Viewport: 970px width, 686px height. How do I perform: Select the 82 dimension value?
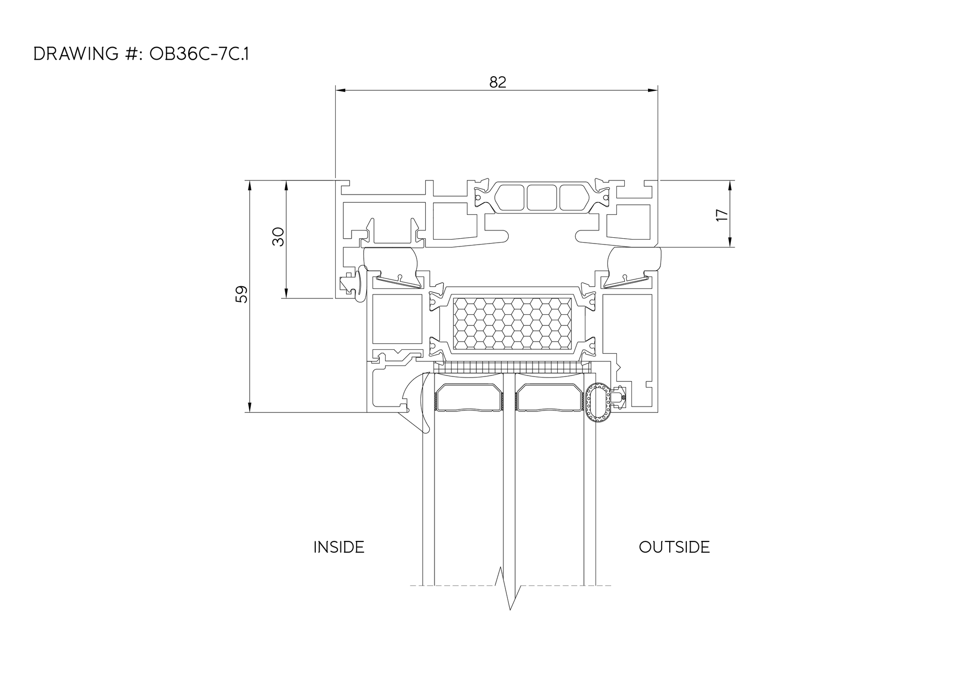tap(498, 82)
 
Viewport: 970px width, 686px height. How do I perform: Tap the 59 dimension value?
tap(242, 294)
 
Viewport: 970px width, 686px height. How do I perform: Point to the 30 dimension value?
tap(278, 237)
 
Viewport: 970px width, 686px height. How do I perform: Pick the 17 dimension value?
tap(722, 215)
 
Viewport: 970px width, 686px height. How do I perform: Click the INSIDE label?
tap(339, 547)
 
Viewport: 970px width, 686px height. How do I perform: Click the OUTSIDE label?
tap(674, 547)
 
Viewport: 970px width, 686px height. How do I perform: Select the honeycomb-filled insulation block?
tap(512, 323)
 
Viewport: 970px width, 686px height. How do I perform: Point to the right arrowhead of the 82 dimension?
tap(653, 90)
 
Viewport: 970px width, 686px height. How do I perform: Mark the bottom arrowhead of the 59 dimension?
tap(249, 407)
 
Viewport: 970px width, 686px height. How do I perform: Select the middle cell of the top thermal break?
tap(541, 197)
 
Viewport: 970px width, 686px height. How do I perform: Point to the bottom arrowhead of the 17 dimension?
tap(729, 242)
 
